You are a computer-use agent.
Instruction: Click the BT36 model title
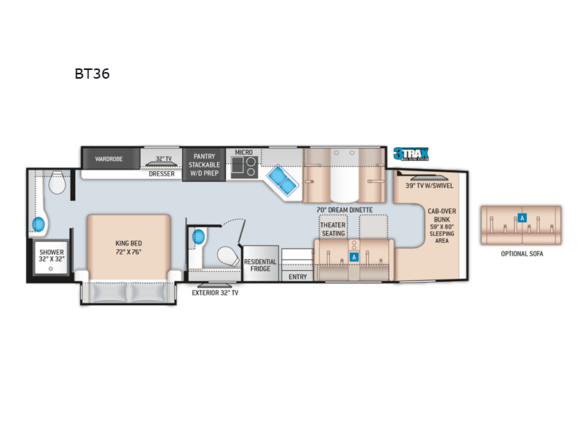pyautogui.click(x=91, y=74)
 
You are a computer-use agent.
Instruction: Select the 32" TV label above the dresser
pyautogui.click(x=163, y=158)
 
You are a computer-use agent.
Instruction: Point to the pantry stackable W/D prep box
pyautogui.click(x=203, y=164)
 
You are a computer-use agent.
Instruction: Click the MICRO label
pyautogui.click(x=243, y=152)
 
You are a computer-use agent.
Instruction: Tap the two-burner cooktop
pyautogui.click(x=243, y=170)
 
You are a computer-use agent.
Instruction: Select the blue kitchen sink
pyautogui.click(x=280, y=178)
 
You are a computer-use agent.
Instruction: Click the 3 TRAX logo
pyautogui.click(x=411, y=154)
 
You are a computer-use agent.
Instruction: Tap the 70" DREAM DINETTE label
pyautogui.click(x=345, y=210)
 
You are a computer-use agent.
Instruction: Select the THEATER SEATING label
pyautogui.click(x=333, y=229)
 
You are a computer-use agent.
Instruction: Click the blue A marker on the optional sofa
pyautogui.click(x=522, y=216)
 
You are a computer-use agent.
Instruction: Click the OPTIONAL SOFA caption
pyautogui.click(x=522, y=253)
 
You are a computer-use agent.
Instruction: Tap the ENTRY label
pyautogui.click(x=297, y=277)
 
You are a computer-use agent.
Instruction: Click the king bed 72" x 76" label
pyautogui.click(x=128, y=247)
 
